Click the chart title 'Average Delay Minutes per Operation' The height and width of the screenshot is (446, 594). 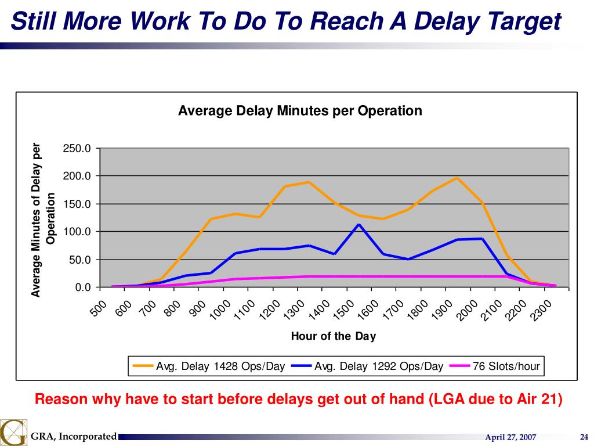300,110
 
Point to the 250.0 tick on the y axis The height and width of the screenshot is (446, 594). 77,149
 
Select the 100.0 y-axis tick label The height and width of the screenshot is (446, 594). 77,232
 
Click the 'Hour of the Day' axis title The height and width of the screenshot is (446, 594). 333,336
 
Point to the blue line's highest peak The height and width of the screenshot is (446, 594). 358,224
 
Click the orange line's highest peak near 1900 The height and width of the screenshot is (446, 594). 457,178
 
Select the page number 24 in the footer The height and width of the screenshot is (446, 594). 584,437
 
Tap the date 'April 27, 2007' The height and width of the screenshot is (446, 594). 510,437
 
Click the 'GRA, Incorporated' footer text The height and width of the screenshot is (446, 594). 74,437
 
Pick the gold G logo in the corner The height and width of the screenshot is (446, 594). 13,433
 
